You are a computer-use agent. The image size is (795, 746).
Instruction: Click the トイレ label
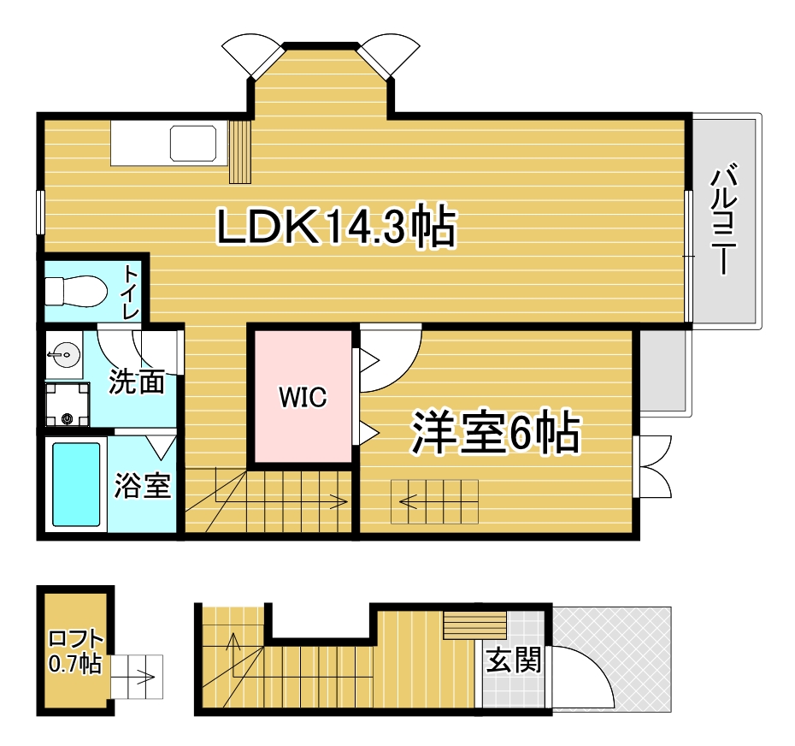coord(131,292)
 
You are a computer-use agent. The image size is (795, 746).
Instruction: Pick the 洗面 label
coord(137,382)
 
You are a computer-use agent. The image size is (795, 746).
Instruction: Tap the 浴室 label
coord(143,485)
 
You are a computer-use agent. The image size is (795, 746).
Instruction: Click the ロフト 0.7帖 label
coord(76,650)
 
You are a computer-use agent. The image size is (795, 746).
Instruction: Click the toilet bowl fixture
coord(75,289)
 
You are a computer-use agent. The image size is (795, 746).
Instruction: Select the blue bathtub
coord(76,483)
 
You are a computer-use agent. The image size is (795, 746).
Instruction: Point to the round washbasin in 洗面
coord(62,354)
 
